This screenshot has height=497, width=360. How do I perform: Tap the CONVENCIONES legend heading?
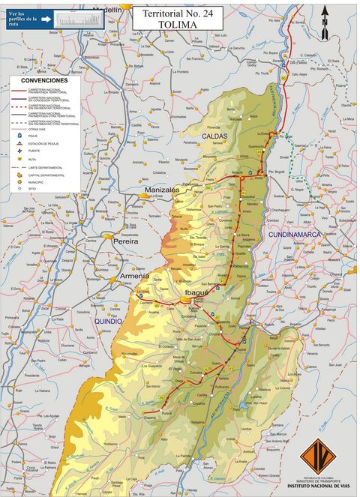(43, 80)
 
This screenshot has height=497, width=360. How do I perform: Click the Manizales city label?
(162, 190)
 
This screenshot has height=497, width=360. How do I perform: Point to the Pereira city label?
(126, 242)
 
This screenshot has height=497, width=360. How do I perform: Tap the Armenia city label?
(135, 276)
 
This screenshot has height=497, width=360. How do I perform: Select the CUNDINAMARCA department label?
(295, 235)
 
